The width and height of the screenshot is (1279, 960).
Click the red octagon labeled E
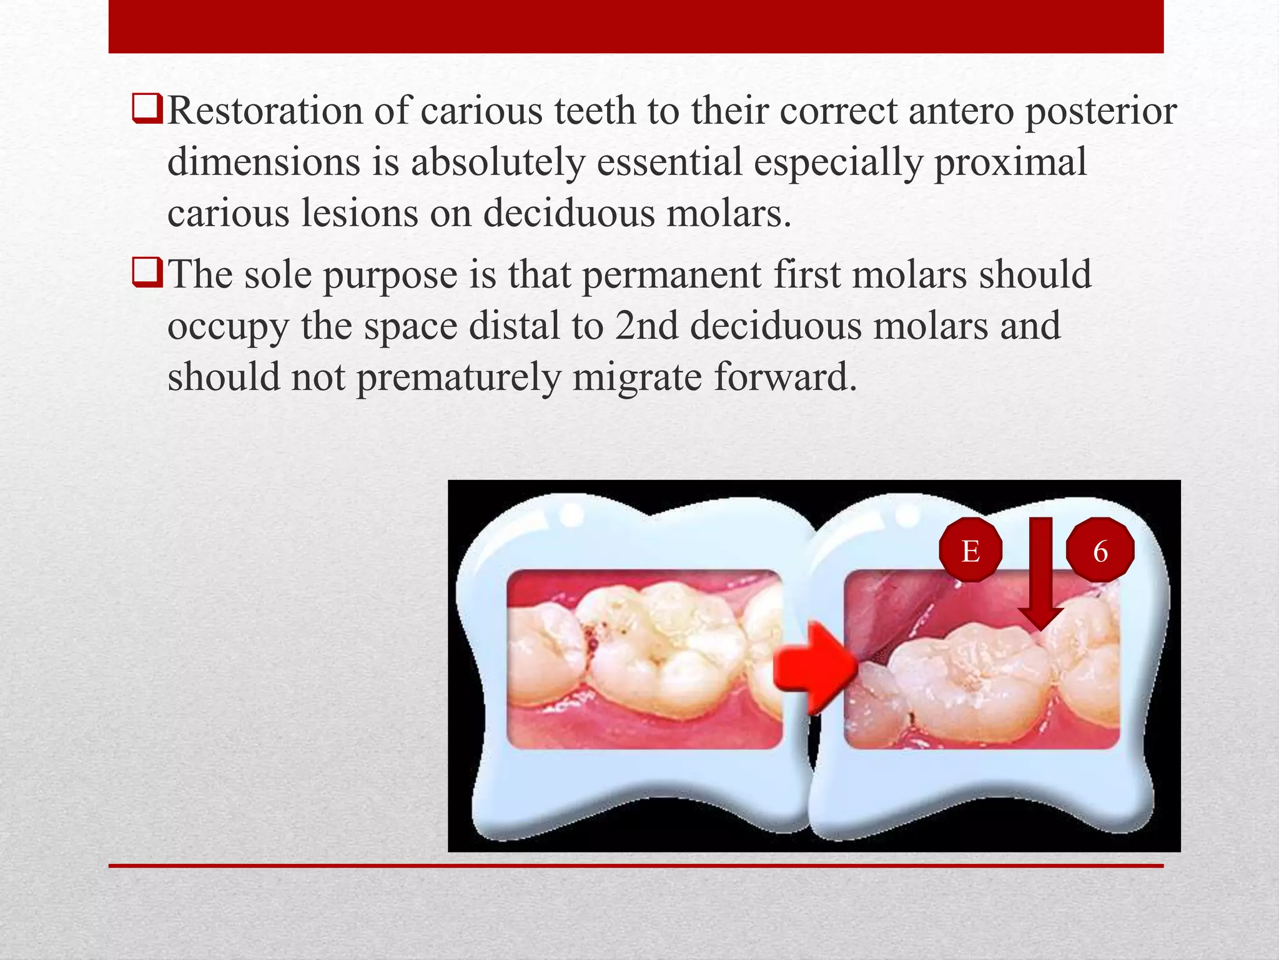(970, 551)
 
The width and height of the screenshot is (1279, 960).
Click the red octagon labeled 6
(1100, 551)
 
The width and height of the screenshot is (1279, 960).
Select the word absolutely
(497, 162)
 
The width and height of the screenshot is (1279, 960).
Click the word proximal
(1010, 162)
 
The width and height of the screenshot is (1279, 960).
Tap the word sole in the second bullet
(277, 275)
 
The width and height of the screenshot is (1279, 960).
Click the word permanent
(672, 275)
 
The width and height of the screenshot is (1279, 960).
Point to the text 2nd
(646, 326)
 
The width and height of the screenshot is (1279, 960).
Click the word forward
(785, 377)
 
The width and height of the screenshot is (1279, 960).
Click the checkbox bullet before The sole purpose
(147, 272)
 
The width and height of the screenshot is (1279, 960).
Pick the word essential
(669, 162)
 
